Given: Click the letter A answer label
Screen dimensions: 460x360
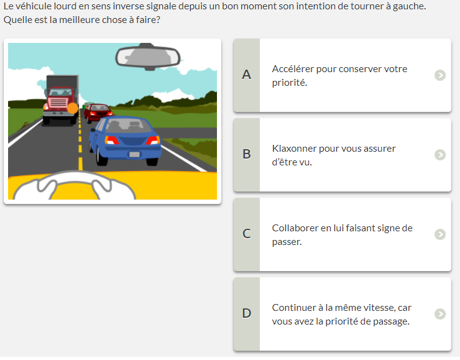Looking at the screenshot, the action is pos(246,75).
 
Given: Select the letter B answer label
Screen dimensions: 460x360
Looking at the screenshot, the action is pos(246,154).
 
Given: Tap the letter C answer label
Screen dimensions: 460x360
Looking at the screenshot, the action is pos(246,234).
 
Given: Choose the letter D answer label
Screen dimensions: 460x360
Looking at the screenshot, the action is pos(246,313).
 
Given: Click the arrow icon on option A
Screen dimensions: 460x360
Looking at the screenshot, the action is pos(439,75).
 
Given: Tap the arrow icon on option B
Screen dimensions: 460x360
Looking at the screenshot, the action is pos(439,155).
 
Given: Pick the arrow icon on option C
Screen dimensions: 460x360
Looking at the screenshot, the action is pos(439,234).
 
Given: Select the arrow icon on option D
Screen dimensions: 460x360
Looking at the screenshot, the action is pos(439,313).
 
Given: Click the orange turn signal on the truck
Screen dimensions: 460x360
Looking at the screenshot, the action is pos(73,108).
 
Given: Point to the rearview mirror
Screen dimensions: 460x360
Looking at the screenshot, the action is pos(148,57).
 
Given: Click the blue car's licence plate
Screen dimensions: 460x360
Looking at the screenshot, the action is pos(134,154).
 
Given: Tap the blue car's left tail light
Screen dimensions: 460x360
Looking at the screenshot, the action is pos(111,141).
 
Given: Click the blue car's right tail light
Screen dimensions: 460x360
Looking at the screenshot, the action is pos(153,140).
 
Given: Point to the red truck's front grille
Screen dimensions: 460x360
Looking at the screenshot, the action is pos(58,103).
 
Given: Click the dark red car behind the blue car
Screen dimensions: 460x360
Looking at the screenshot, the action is pos(98,113).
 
